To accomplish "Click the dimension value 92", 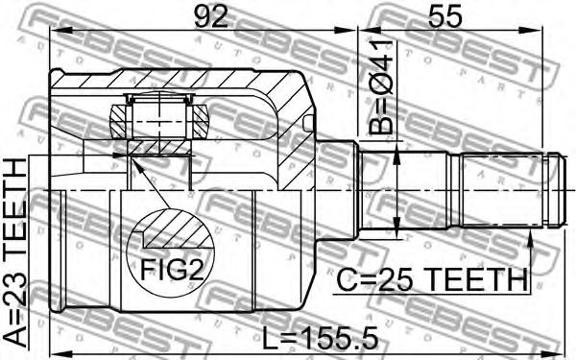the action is pos(210,17).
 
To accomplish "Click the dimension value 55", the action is pos(444,17).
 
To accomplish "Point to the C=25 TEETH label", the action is pos(432,279).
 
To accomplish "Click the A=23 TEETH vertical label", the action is pos(16,252).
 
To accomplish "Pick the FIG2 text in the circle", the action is pos(172,269).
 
